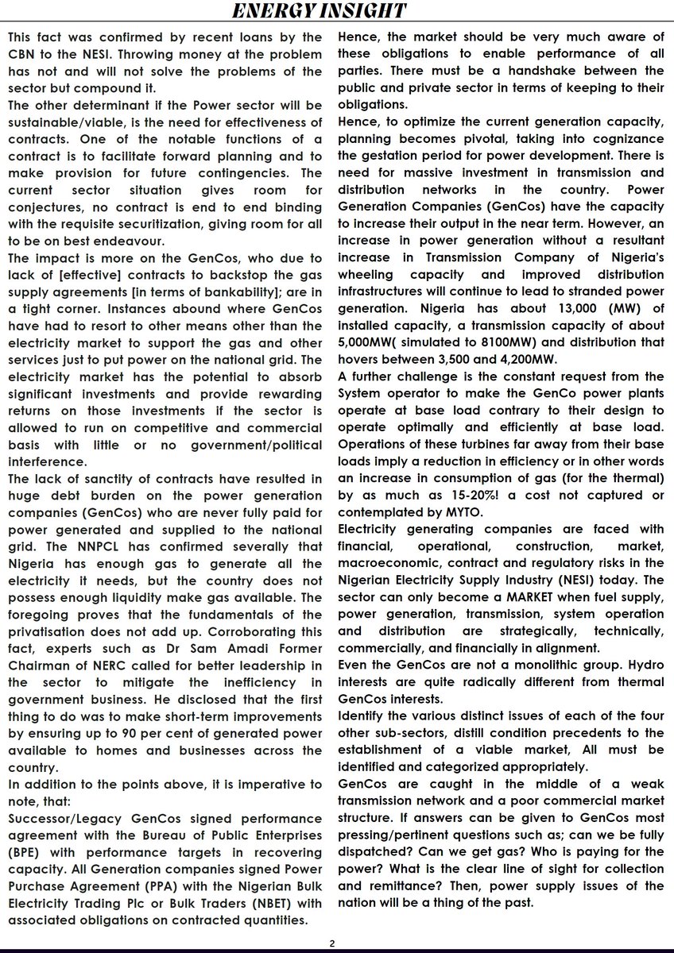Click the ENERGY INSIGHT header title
click(x=336, y=11)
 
